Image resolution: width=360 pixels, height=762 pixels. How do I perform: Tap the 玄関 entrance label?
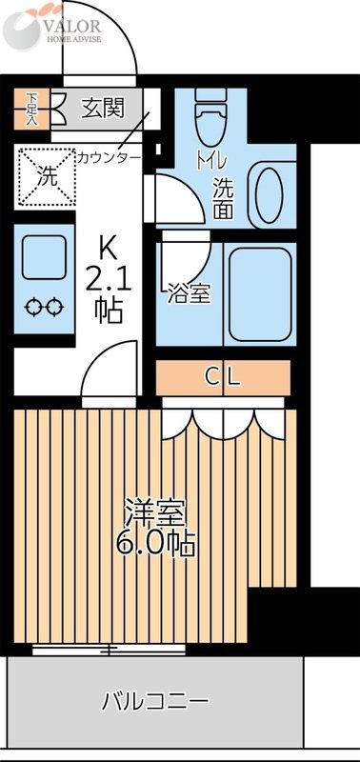coord(102,107)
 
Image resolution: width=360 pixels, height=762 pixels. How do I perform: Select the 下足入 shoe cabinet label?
coord(32,108)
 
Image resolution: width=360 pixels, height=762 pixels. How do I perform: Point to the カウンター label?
coord(109,156)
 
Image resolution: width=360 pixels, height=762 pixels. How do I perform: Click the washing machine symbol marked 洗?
coord(46,175)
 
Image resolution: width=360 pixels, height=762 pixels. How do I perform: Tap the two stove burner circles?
coord(44,307)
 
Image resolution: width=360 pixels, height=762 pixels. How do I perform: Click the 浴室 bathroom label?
coord(188,294)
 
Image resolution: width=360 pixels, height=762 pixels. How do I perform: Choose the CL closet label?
coord(224,376)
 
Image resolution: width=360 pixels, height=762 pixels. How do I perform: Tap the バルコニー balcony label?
coord(155,703)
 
